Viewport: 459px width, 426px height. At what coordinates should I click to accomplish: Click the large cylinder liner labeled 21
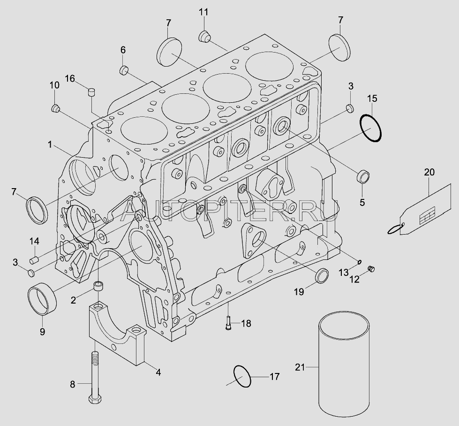[344, 366]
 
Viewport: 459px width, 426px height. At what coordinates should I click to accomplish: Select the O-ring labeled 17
[234, 376]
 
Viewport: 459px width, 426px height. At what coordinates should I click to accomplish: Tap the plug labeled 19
[322, 275]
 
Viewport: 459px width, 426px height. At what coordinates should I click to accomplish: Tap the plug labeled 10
[55, 108]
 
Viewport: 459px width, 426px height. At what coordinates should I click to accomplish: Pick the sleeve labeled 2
[98, 286]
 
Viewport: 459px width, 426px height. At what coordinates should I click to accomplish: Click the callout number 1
[50, 145]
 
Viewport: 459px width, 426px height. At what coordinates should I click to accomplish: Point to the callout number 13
[344, 273]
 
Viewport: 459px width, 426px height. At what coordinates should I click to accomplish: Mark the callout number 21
[300, 367]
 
